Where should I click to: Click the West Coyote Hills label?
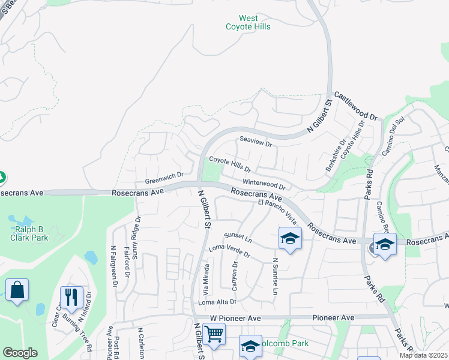[x=248, y=23]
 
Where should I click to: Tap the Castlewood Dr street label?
[x=355, y=106]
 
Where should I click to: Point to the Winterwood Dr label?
[x=264, y=184]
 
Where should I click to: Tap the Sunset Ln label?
[x=238, y=238]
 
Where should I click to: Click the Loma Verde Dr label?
[x=229, y=251]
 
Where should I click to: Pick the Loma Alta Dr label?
[x=217, y=302]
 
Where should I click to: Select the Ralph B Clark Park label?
[x=29, y=233]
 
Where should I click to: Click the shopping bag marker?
[x=17, y=290]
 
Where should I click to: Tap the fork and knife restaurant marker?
[x=71, y=296]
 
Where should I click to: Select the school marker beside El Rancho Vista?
[x=290, y=238]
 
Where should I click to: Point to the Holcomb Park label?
[x=285, y=343]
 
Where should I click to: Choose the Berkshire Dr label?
[x=336, y=156]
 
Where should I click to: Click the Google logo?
[x=20, y=353]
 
